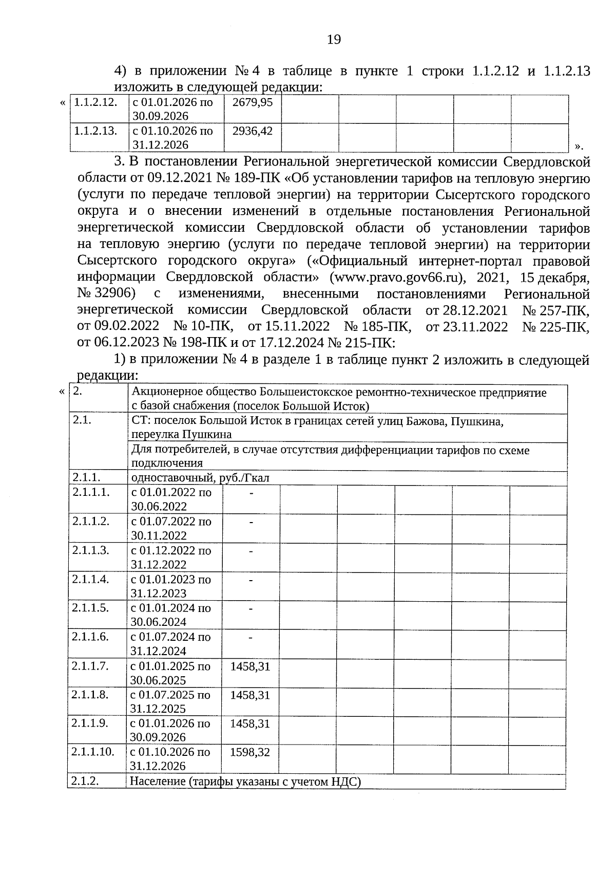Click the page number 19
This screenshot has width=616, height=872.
pyautogui.click(x=334, y=40)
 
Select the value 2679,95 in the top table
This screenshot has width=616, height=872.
pyautogui.click(x=252, y=102)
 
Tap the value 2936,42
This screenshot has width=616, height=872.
pyautogui.click(x=252, y=131)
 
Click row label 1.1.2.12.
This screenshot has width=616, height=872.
pyautogui.click(x=95, y=102)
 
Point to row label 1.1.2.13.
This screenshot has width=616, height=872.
pyautogui.click(x=95, y=131)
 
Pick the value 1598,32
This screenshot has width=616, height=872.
pyautogui.click(x=250, y=752)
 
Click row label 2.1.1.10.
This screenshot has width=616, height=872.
pyautogui.click(x=93, y=752)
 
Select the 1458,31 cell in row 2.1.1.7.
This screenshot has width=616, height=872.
pyautogui.click(x=250, y=666)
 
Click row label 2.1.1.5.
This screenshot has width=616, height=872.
pyautogui.click(x=90, y=608)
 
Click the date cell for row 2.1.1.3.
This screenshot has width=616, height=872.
pyautogui.click(x=171, y=557)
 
